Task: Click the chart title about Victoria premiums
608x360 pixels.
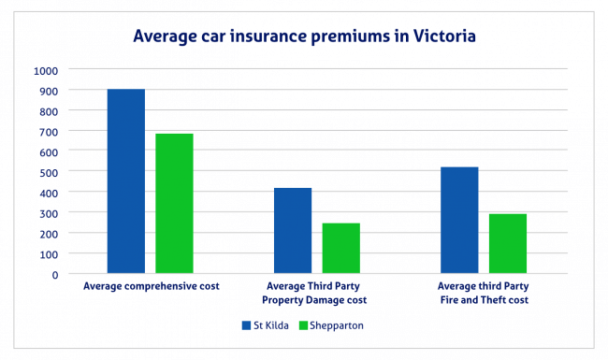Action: pos(303,36)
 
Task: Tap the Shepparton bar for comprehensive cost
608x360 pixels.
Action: pos(174,203)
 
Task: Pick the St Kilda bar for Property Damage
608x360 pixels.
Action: pos(293,230)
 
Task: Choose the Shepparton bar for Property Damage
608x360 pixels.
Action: pos(340,248)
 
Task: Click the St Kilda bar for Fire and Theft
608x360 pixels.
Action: pos(459,220)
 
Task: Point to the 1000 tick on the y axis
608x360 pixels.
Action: pos(45,70)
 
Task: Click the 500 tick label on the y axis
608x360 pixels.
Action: pos(48,172)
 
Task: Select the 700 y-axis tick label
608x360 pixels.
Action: pos(48,131)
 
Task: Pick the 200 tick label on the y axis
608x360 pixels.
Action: pos(48,233)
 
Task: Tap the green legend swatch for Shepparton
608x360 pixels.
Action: pos(303,326)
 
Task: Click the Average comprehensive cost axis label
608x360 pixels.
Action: pos(151,286)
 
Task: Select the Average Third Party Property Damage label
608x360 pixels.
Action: pos(317,293)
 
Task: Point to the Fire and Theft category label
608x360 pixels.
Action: pos(484,293)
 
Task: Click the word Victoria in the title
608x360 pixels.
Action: pos(441,36)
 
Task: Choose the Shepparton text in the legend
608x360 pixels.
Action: pos(338,326)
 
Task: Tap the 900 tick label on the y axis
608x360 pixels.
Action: pos(48,91)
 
